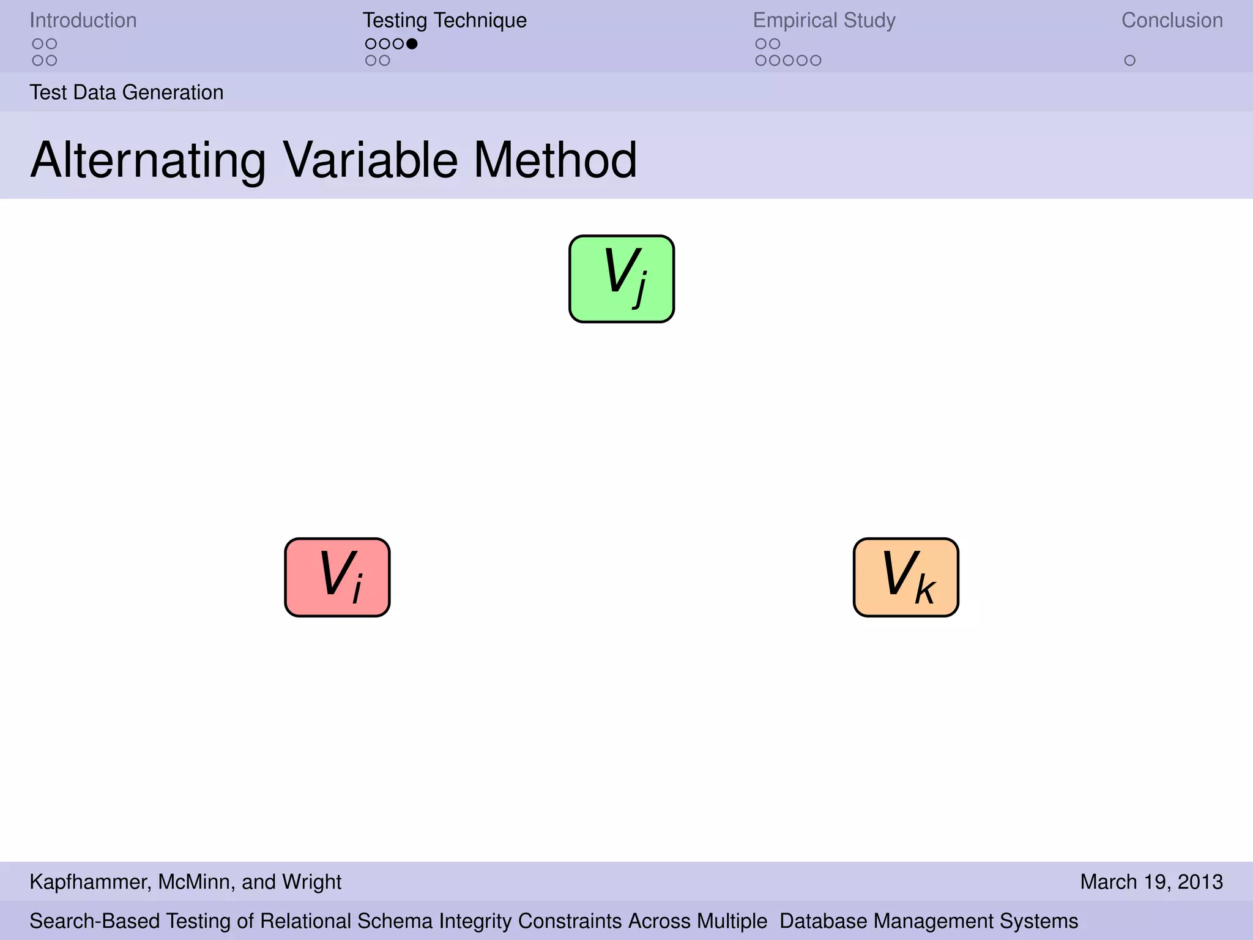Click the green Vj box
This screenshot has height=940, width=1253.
(622, 279)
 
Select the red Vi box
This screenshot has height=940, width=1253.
(337, 577)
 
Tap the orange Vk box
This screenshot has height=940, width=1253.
(905, 577)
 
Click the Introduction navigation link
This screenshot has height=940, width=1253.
(83, 20)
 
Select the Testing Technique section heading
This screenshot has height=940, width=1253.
(444, 20)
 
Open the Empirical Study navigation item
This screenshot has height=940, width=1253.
(824, 20)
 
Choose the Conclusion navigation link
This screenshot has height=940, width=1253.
(1172, 20)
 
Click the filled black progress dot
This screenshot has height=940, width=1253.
(412, 43)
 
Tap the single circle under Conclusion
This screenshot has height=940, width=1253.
(1129, 61)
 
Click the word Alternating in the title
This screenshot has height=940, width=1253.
(148, 160)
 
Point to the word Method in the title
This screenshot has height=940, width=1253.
(555, 160)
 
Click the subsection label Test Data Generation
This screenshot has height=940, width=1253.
(127, 92)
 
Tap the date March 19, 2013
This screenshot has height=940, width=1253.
(1151, 882)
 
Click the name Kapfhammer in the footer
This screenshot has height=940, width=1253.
(88, 882)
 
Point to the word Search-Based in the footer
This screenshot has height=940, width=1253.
(95, 921)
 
